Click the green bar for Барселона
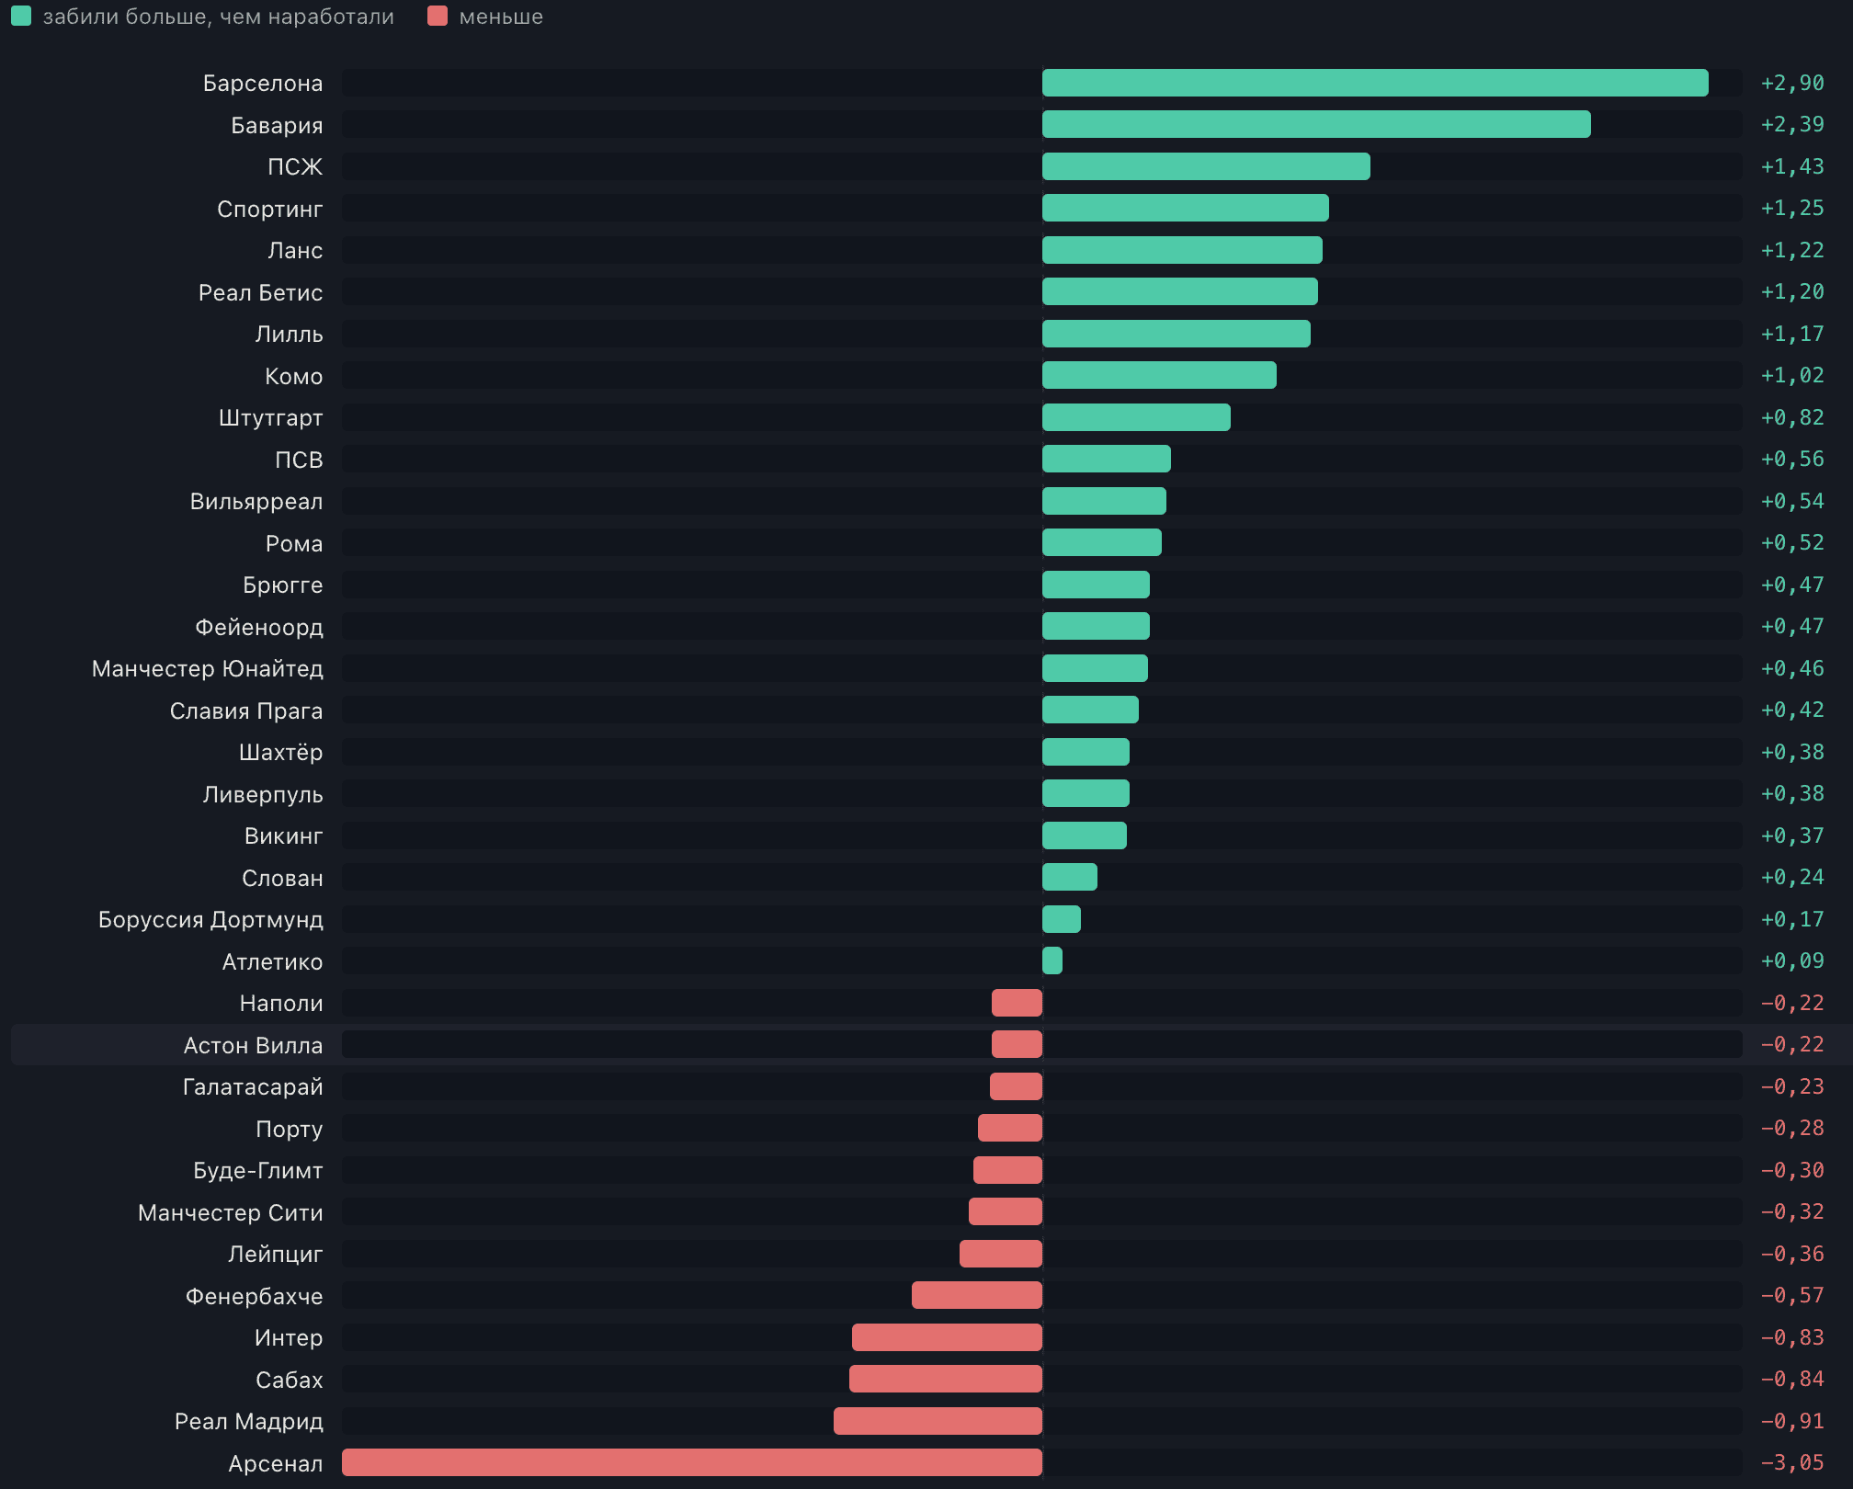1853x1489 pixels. pos(1375,83)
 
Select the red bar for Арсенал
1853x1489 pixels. pos(692,1462)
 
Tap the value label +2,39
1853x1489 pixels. pos(1792,124)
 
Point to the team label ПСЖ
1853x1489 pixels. pos(295,166)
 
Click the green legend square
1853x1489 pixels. pos(21,16)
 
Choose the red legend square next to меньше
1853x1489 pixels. pos(438,16)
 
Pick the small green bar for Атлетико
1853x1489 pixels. pos(1052,960)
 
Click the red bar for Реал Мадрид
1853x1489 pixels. pos(938,1421)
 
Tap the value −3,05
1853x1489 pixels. pos(1792,1462)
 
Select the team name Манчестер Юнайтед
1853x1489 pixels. pos(208,668)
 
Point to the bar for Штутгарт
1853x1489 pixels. pos(1136,417)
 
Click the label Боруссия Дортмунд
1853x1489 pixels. pos(210,919)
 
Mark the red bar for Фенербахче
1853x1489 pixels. pos(977,1295)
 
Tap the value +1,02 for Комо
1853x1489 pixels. pos(1792,375)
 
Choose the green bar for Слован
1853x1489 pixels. pos(1070,877)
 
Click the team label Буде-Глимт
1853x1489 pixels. pos(258,1170)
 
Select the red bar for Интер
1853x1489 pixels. pos(947,1337)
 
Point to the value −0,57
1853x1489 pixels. pos(1792,1295)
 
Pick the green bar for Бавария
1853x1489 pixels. pos(1316,124)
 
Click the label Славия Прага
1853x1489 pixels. pos(246,710)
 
